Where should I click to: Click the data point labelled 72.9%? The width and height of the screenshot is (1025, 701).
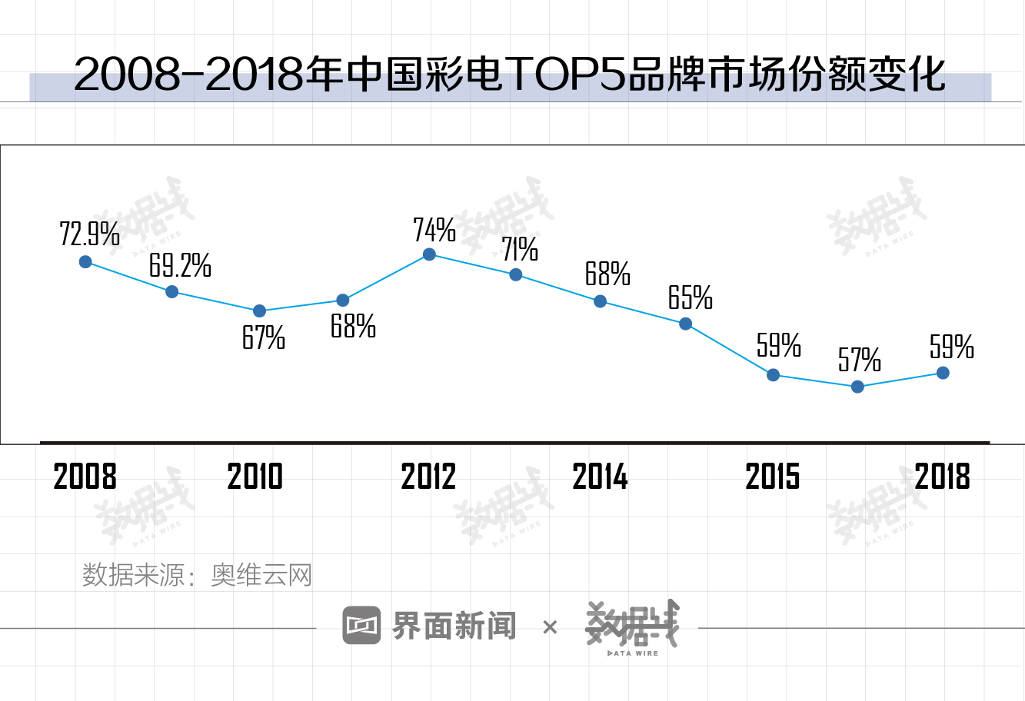85,262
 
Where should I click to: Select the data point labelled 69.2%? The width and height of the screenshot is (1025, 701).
172,291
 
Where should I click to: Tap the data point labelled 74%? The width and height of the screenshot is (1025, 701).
430,254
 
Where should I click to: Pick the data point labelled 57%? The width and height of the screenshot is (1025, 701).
858,387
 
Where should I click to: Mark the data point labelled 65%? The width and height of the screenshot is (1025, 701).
686,324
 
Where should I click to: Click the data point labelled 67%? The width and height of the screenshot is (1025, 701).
259,311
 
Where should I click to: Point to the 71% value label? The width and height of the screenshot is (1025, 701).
520,249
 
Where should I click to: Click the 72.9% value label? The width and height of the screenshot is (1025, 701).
89,234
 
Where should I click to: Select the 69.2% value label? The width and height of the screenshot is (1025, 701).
180,266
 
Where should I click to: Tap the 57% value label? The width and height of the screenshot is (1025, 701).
859,360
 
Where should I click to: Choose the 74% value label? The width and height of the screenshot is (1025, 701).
434,230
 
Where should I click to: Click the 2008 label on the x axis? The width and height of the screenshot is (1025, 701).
85,477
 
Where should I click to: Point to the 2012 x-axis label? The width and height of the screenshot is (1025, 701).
428,477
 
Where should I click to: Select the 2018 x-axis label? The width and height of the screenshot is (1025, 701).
943,477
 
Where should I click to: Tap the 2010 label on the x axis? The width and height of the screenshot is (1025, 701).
255,477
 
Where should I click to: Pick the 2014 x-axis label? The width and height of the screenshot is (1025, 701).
600,477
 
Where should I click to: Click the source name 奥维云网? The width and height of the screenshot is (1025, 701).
261,575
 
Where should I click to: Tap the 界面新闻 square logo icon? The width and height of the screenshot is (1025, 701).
361,626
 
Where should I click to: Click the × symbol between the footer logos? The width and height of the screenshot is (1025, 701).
549,627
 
